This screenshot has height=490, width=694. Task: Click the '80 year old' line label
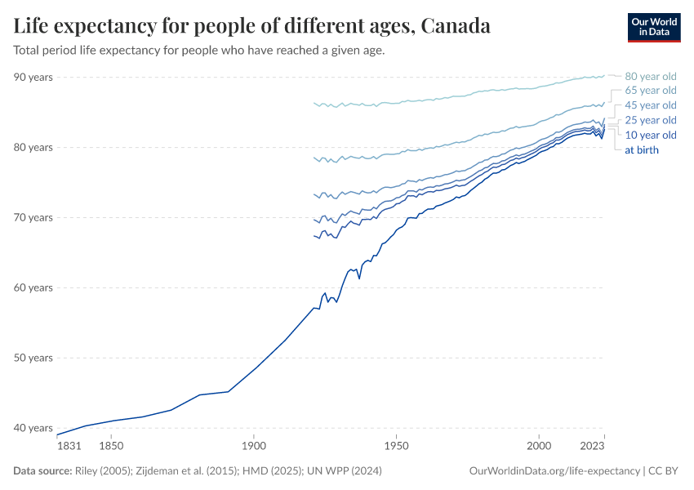click(x=651, y=76)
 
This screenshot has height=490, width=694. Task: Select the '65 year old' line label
click(x=651, y=91)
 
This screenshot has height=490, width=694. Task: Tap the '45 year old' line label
click(x=651, y=105)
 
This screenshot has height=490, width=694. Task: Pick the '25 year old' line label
click(x=651, y=120)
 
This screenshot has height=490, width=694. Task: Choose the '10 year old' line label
click(x=651, y=135)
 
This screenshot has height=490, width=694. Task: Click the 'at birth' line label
click(x=642, y=149)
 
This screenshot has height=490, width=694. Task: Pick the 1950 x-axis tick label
click(x=396, y=446)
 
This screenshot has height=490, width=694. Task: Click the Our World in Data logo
click(x=654, y=27)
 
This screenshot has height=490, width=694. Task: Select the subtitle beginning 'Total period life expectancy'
click(x=199, y=50)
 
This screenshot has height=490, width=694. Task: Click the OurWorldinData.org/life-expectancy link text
click(x=555, y=471)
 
